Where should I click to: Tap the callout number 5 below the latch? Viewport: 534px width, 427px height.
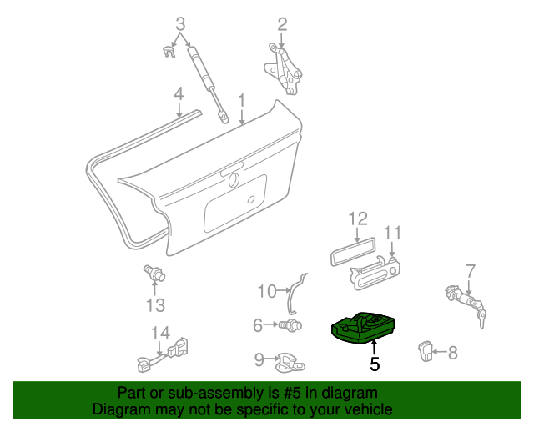click(x=375, y=364)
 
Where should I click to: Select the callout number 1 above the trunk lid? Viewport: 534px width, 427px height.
click(x=241, y=101)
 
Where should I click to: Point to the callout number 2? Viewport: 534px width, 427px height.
click(x=282, y=23)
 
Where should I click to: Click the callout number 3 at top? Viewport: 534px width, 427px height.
click(x=180, y=23)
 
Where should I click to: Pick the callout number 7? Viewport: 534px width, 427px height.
click(x=471, y=270)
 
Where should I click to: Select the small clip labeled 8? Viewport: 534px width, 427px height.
click(x=426, y=352)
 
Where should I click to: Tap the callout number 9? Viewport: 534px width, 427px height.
click(x=259, y=359)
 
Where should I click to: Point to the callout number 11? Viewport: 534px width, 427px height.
click(x=392, y=232)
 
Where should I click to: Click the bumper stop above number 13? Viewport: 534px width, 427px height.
click(x=154, y=272)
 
